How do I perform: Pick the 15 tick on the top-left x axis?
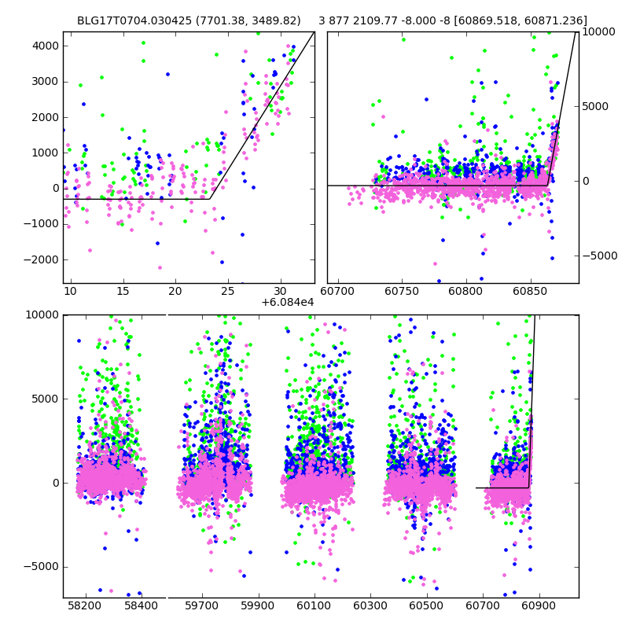click(123, 292)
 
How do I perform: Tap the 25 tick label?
click(228, 292)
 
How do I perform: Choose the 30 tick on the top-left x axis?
click(281, 292)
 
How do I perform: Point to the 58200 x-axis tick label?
click(85, 606)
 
